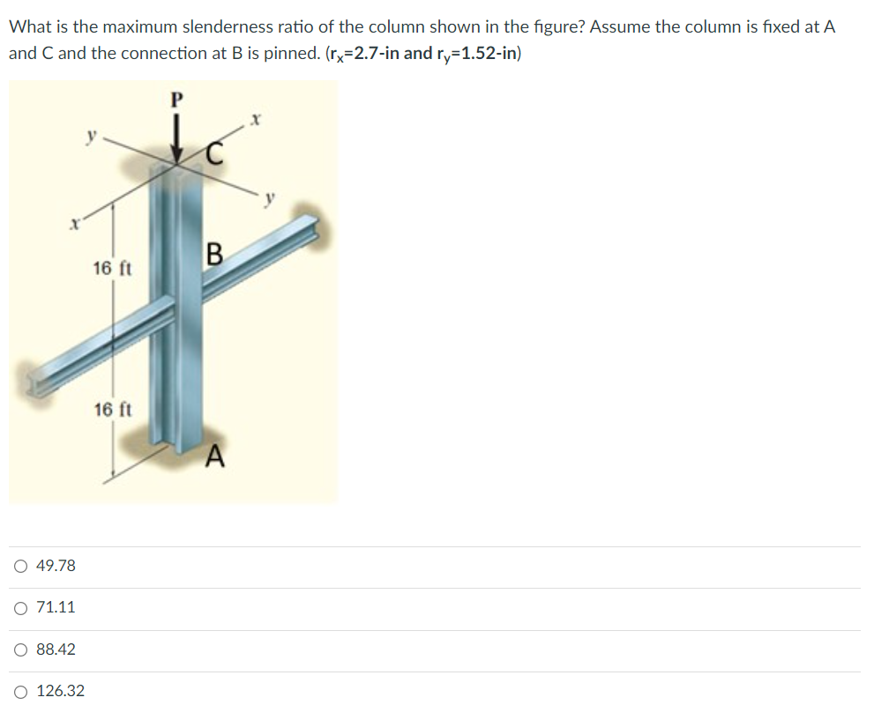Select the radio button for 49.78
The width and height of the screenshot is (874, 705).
pyautogui.click(x=20, y=566)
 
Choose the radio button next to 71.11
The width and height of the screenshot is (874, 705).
pyautogui.click(x=20, y=607)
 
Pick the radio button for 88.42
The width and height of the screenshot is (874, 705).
pyautogui.click(x=20, y=649)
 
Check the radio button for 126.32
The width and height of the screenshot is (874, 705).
pyautogui.click(x=20, y=691)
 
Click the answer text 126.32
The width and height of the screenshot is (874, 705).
pyautogui.click(x=61, y=691)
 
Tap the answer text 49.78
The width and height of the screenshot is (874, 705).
pyautogui.click(x=56, y=566)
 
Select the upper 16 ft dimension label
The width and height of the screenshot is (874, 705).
pyautogui.click(x=112, y=268)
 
